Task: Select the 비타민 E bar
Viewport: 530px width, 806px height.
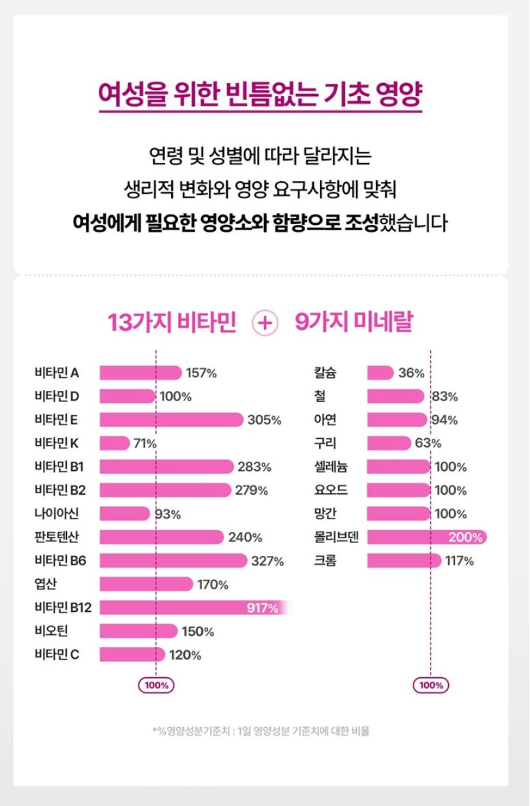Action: [171, 420]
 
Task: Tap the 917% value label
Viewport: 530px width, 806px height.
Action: [263, 608]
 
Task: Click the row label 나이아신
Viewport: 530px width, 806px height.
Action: [57, 514]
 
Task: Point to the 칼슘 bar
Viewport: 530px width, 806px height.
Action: [380, 373]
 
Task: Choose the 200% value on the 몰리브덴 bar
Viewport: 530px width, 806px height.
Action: [465, 538]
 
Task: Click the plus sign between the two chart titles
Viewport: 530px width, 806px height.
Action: [265, 323]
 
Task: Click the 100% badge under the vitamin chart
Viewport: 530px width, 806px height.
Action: [156, 685]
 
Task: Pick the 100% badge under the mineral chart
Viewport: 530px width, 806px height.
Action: [430, 685]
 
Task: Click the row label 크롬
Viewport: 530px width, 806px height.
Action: [325, 561]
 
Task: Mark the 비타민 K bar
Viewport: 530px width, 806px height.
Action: [115, 444]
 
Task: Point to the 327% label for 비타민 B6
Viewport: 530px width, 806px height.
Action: [267, 561]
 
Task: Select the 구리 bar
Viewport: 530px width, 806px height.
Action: [389, 444]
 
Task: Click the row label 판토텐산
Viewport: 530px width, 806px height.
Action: [57, 537]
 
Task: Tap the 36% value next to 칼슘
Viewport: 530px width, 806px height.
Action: [411, 373]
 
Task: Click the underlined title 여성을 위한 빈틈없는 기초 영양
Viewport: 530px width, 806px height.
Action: [260, 97]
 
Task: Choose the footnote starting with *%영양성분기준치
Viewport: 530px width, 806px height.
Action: [261, 732]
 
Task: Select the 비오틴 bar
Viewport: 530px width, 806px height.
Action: [138, 632]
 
